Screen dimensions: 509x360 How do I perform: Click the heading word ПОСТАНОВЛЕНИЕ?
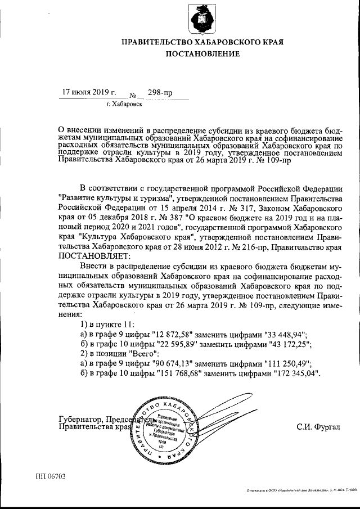click(x=202, y=54)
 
